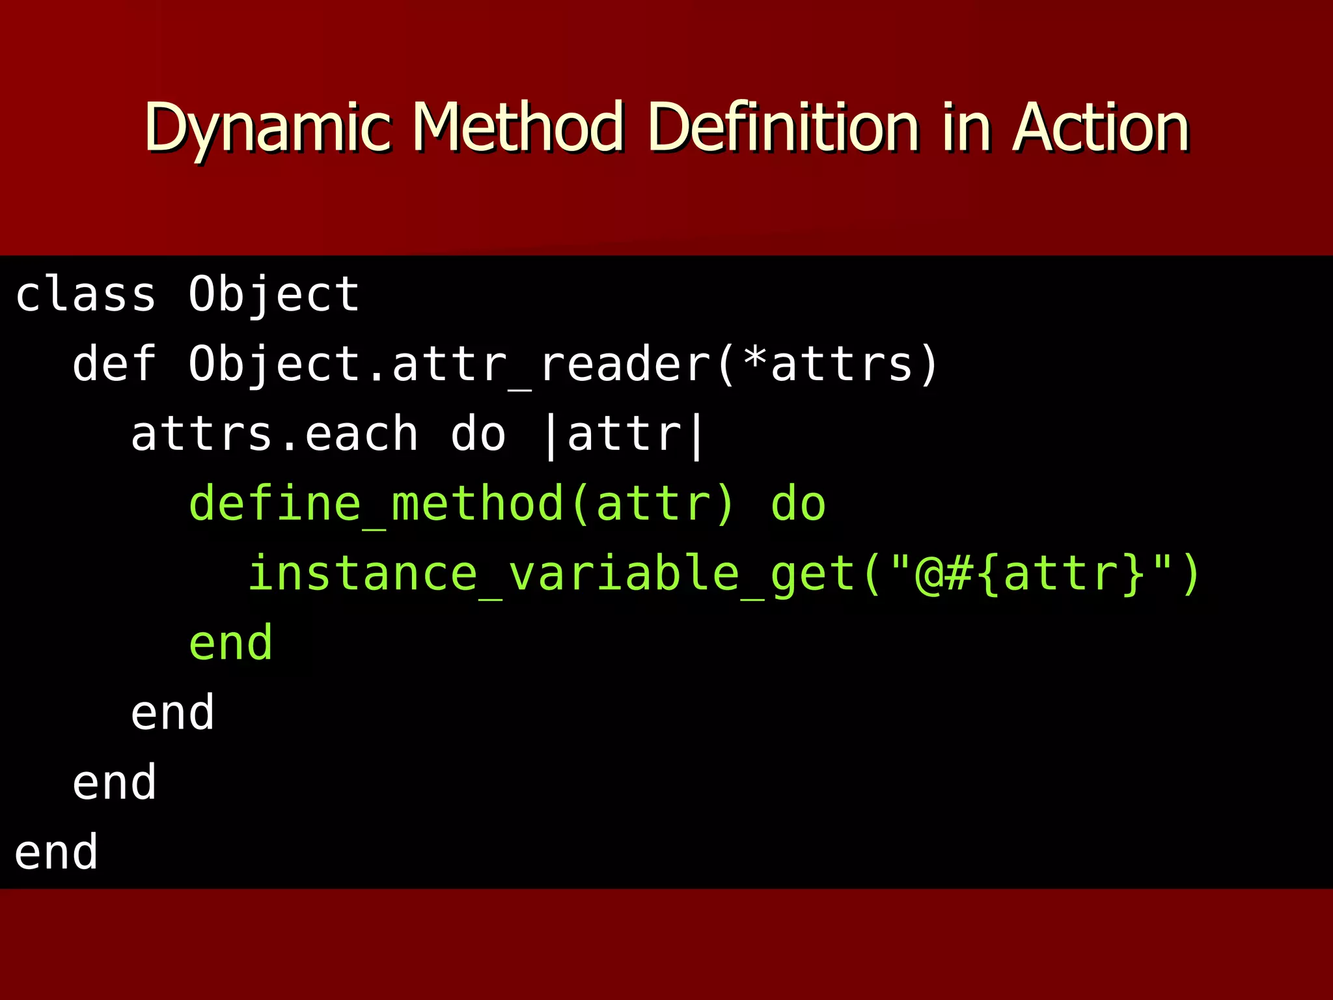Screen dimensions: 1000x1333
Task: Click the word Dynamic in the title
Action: click(x=267, y=128)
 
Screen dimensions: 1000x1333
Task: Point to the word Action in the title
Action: click(x=1101, y=128)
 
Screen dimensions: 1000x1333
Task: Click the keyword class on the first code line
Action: click(x=85, y=294)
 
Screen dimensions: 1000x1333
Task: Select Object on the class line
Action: click(x=273, y=294)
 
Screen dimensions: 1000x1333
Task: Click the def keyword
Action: click(x=115, y=364)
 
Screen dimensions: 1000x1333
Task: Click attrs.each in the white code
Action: click(x=274, y=434)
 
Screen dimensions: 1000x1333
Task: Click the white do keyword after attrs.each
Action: click(x=478, y=434)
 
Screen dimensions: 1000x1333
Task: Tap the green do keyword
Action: click(x=798, y=504)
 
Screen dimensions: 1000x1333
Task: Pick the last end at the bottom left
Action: click(x=56, y=852)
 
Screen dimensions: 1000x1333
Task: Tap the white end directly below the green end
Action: click(x=172, y=713)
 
